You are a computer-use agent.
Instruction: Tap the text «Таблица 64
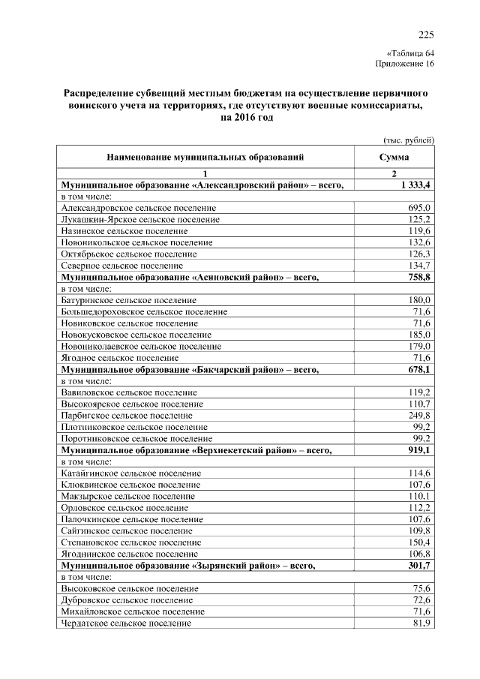click(x=409, y=53)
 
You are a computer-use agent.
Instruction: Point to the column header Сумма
click(x=394, y=158)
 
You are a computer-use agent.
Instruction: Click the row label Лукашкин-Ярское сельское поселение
click(x=140, y=219)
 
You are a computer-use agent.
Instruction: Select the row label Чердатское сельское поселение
click(x=126, y=623)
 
